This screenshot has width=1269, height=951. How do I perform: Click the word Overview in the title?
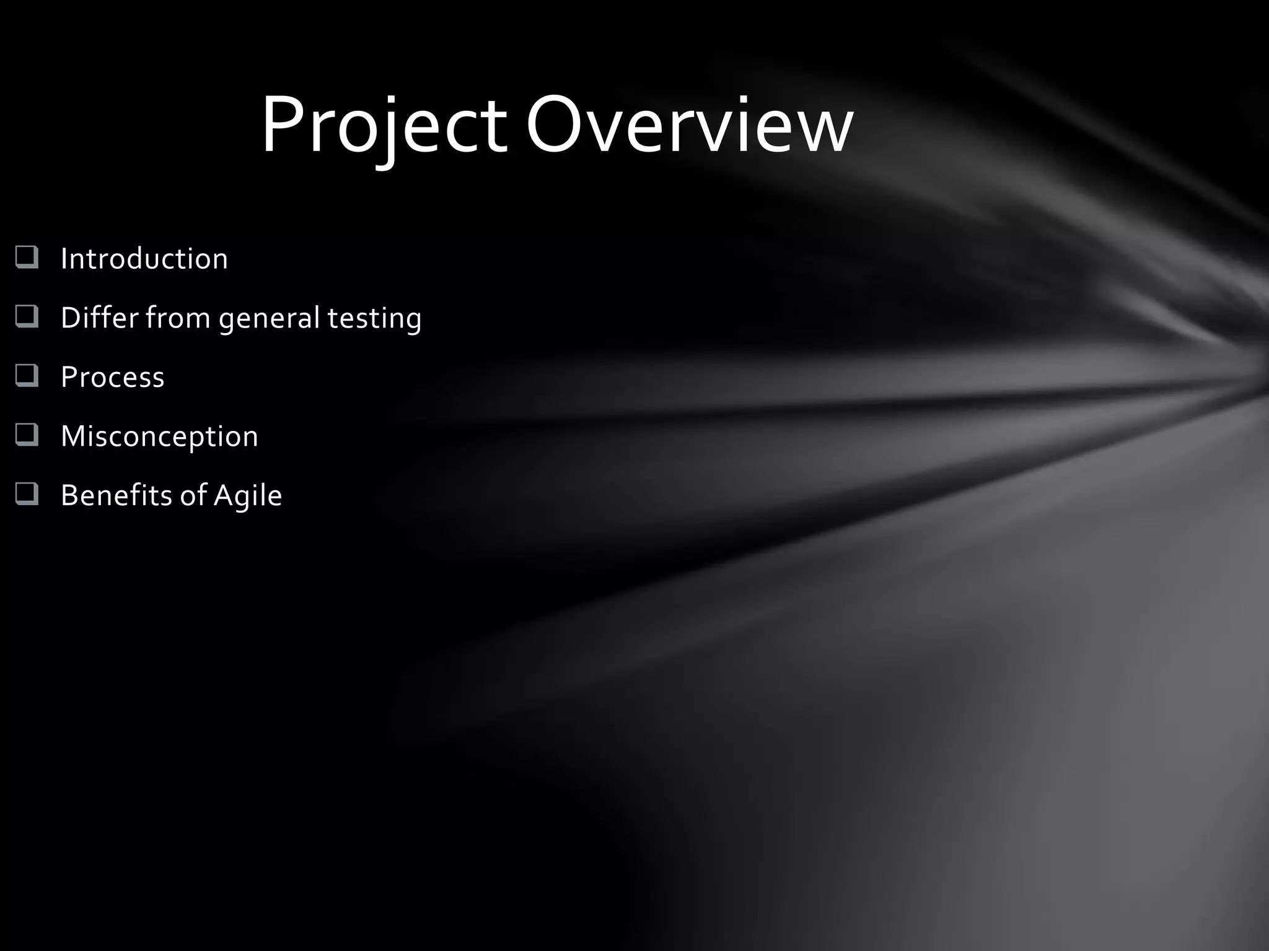689,127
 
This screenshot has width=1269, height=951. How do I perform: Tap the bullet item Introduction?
144,259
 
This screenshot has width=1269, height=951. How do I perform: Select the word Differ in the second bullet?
99,318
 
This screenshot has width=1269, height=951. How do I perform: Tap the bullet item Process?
112,377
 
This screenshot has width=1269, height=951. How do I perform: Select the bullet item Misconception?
159,436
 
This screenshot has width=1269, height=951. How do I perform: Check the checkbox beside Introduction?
27,258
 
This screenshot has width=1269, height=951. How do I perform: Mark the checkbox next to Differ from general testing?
27,316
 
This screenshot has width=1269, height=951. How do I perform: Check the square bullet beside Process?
27,376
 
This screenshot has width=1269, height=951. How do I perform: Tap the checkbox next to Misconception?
27,435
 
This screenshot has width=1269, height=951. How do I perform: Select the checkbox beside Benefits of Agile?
27,494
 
